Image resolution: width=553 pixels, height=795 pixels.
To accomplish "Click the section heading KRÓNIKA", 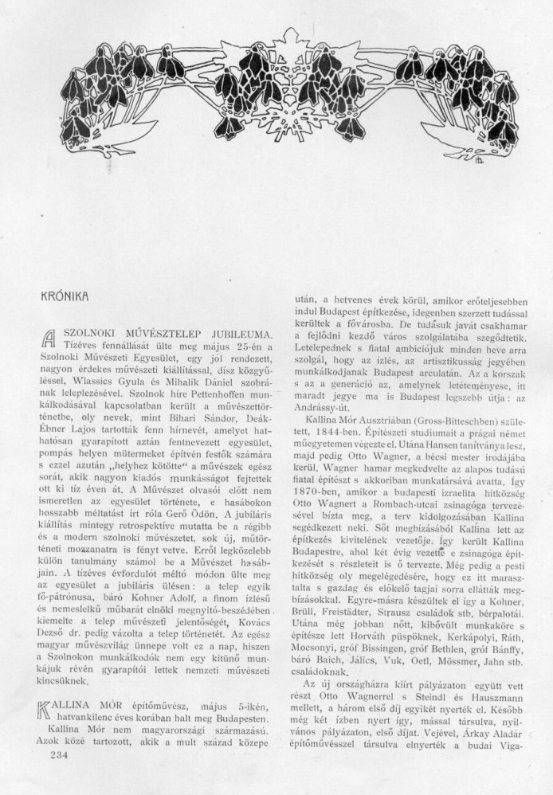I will tap(63, 294).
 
